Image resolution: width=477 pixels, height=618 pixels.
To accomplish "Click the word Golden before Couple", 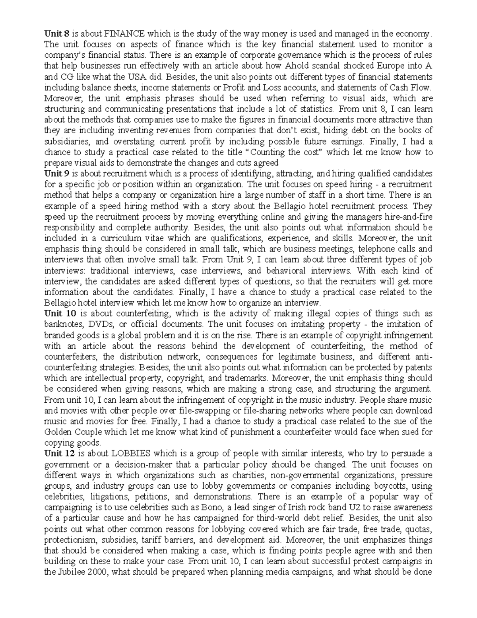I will coord(58,432).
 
